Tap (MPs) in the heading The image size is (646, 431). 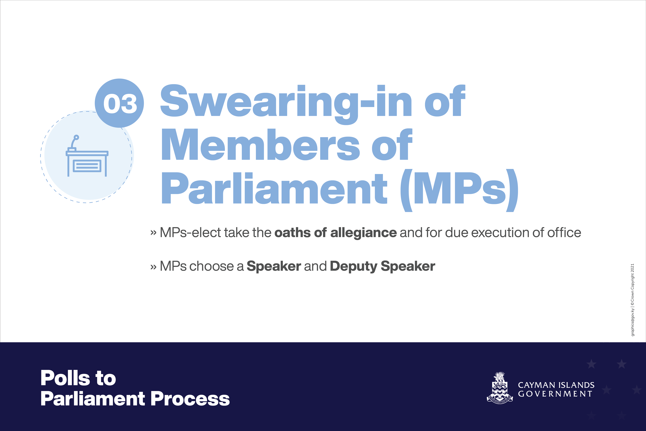click(459, 190)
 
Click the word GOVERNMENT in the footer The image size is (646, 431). click(555, 394)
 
